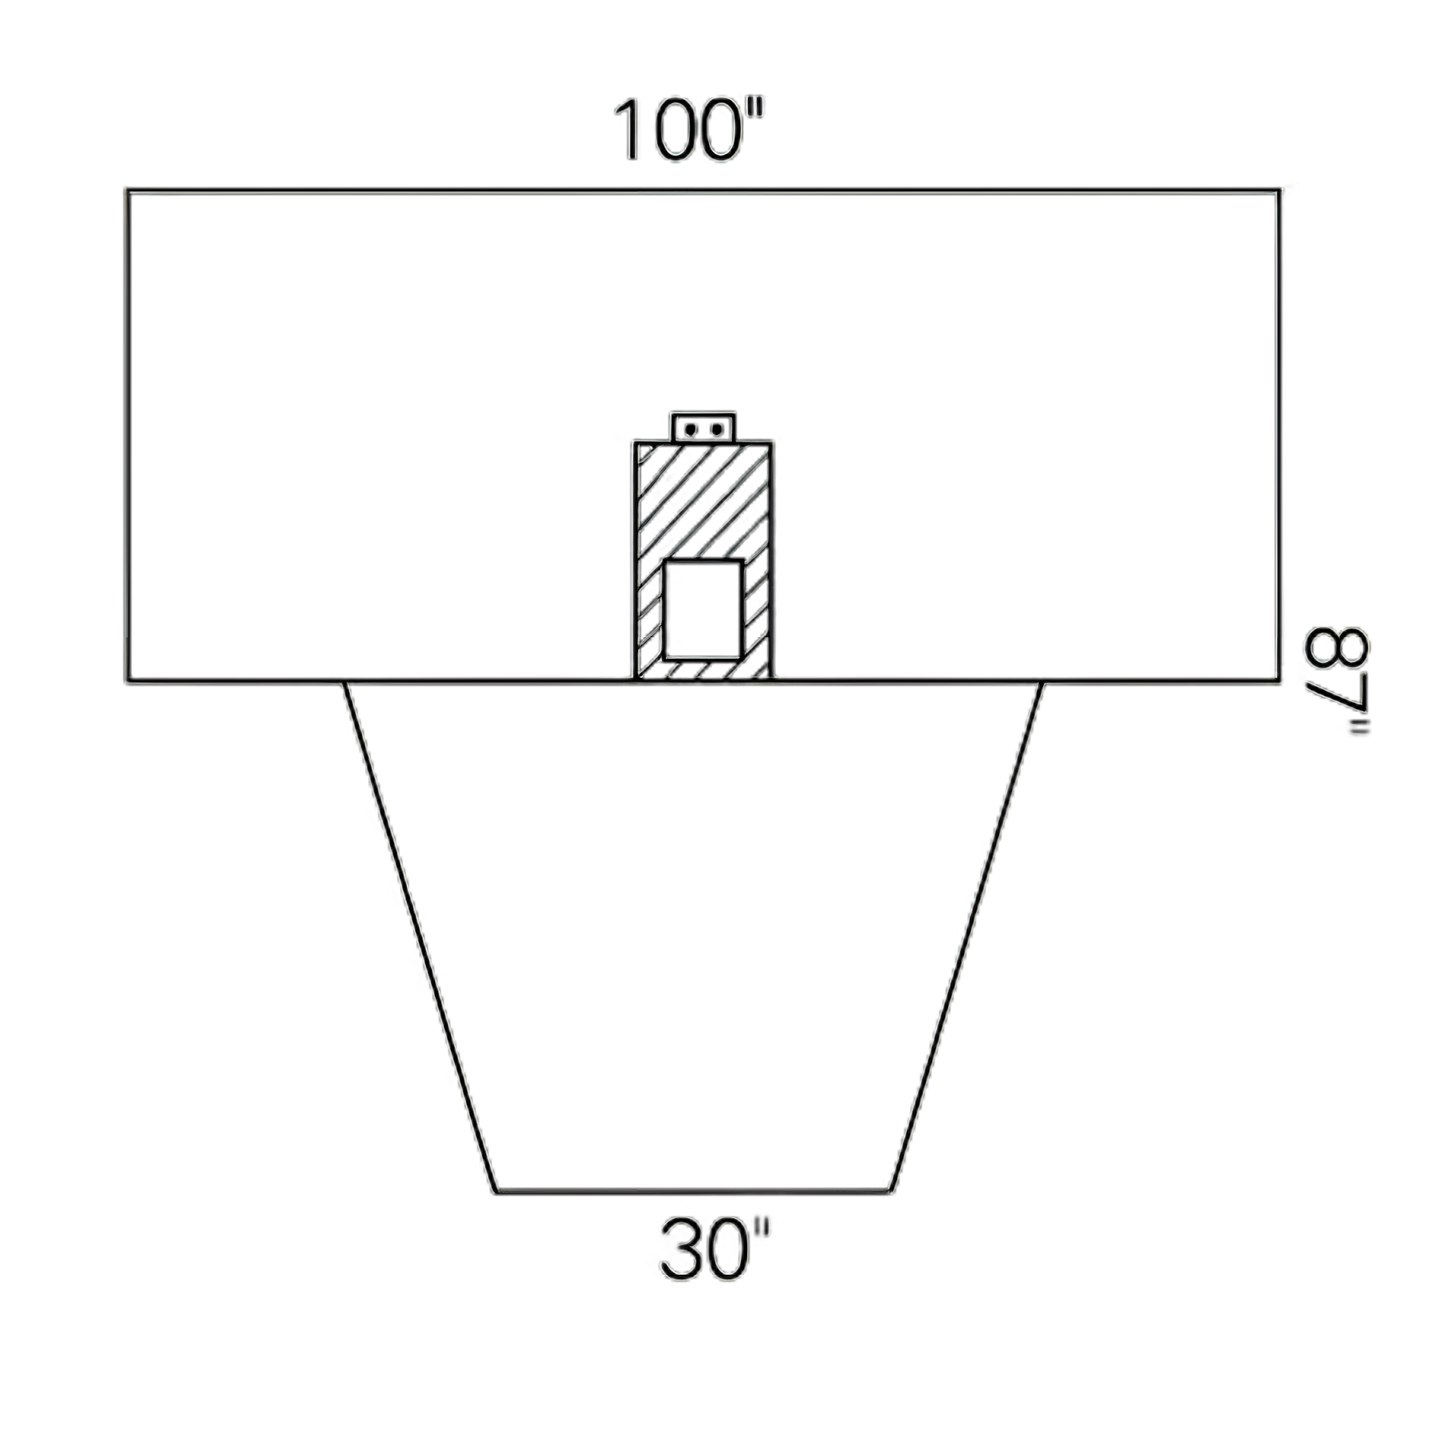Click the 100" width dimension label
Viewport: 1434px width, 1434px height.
(688, 131)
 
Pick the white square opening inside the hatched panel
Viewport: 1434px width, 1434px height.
(703, 610)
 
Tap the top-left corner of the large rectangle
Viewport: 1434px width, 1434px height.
(127, 191)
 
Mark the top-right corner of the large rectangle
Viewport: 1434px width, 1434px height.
(1279, 191)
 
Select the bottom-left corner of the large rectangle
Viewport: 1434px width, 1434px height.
(127, 681)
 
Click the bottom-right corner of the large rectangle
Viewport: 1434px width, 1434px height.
(1279, 681)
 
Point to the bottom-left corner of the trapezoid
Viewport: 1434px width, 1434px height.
(496, 1192)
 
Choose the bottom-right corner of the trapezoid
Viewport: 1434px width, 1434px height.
(890, 1192)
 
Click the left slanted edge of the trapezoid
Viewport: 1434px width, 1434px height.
(421, 937)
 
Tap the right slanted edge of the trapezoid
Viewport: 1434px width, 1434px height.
(966, 937)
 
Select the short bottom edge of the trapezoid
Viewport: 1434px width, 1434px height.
(693, 1192)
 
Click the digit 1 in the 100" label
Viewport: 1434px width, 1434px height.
(629, 131)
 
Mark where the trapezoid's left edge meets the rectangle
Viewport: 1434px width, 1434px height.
(344, 682)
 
